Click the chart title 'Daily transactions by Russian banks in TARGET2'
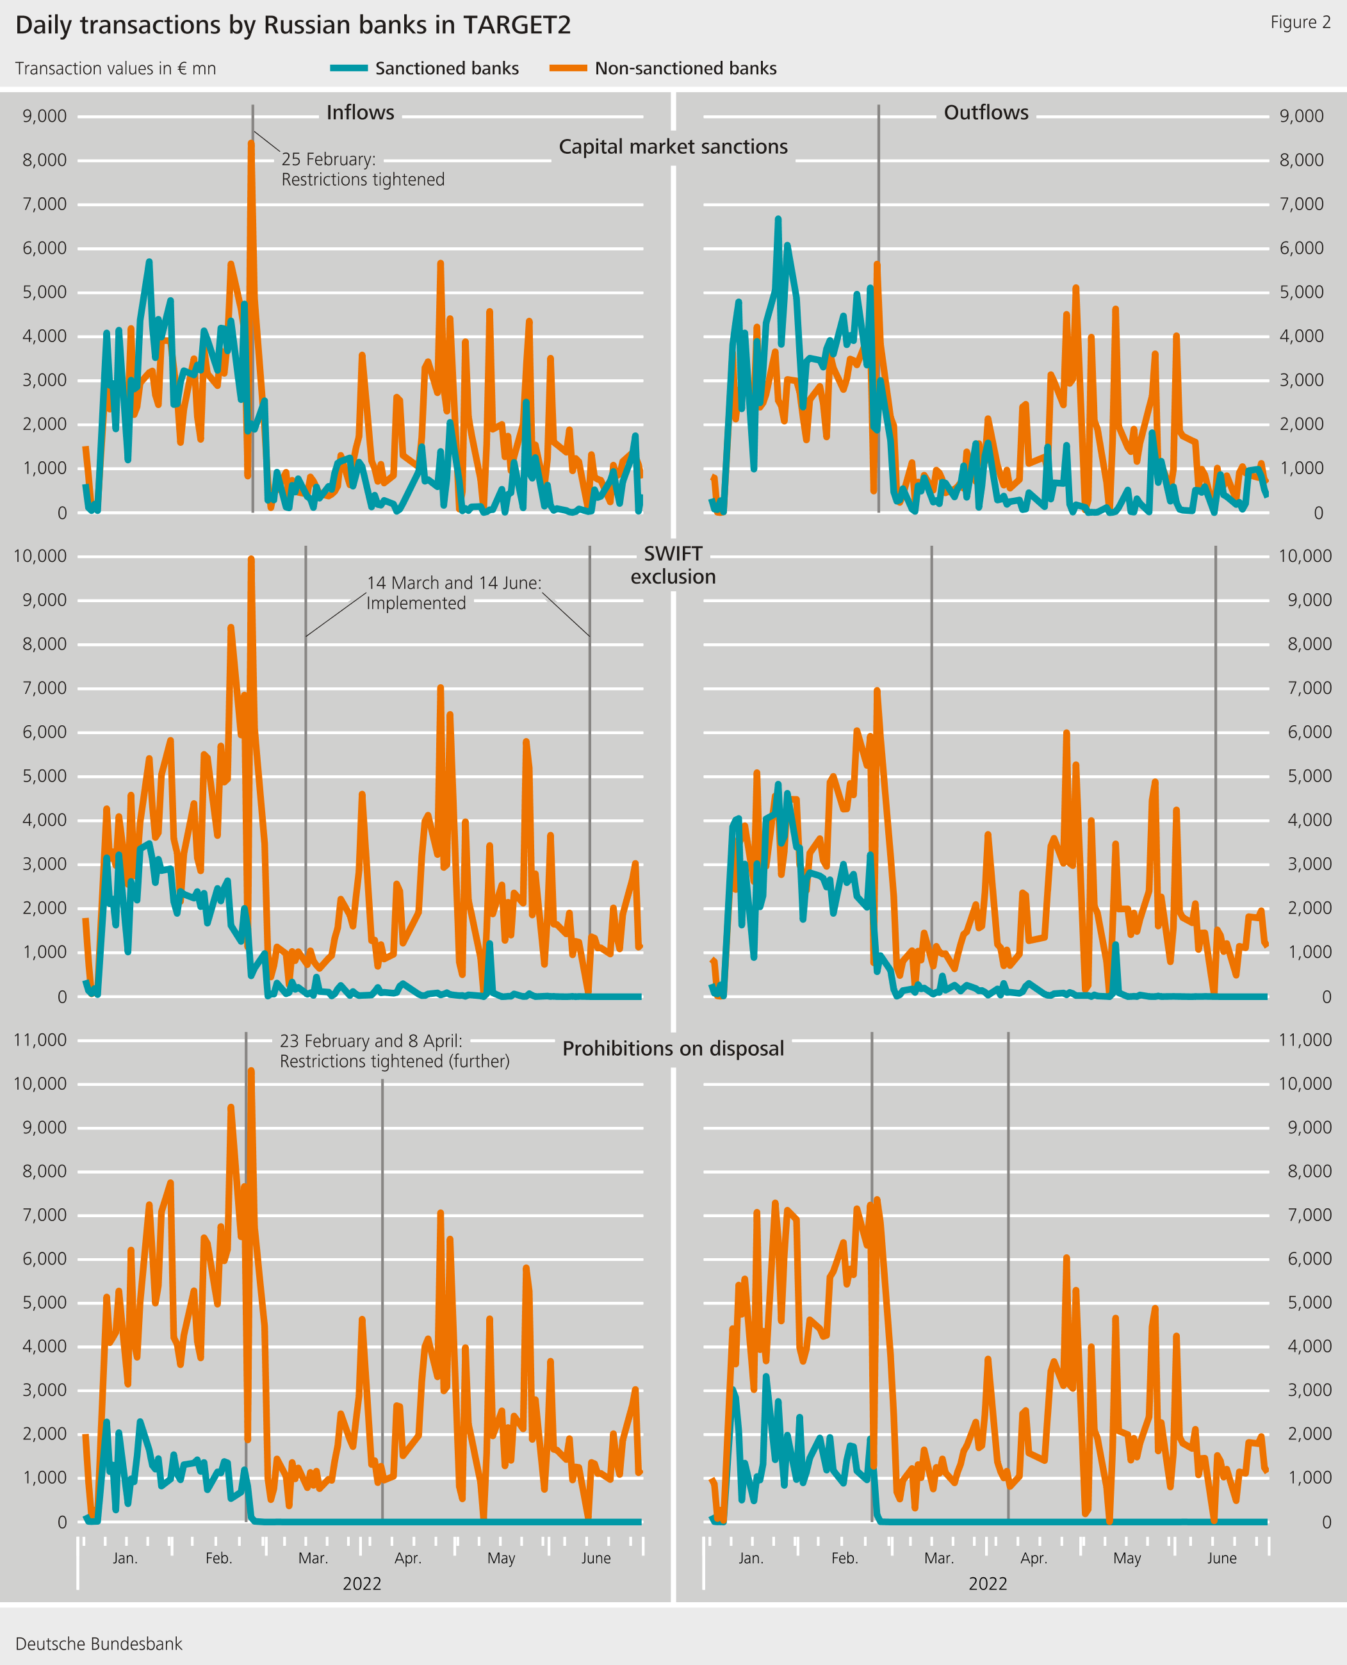293,26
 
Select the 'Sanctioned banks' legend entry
446,69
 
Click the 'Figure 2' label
1300,22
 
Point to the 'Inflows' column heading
360,113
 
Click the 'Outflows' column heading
985,113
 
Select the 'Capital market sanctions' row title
673,147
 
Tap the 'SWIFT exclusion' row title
673,565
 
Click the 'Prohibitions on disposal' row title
673,1048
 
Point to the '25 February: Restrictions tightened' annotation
363,169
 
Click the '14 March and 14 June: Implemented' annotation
454,593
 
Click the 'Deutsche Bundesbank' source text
99,1643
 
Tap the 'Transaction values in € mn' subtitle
115,69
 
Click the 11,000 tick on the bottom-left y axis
40,1040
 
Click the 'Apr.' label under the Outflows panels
1033,1558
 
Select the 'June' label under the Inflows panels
595,1558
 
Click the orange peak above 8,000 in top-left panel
250,144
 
